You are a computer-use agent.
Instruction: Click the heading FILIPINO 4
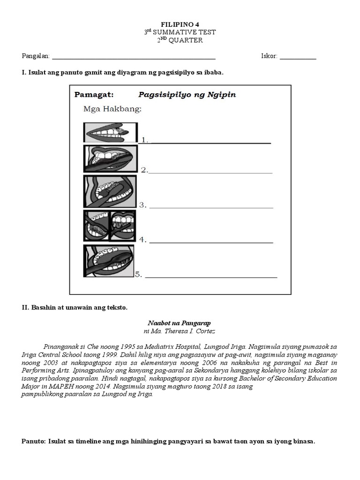180,24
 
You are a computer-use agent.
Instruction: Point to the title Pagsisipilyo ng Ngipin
187,95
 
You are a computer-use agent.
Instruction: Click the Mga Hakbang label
112,110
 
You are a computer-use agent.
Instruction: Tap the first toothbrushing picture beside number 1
111,132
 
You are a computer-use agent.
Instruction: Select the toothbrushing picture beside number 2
111,159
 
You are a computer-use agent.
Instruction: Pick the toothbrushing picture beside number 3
110,191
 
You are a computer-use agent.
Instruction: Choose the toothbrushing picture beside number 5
109,261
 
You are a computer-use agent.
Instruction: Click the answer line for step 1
210,142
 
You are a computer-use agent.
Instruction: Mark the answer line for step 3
211,207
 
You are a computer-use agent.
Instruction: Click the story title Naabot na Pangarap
180,323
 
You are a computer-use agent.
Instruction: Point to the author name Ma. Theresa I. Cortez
184,331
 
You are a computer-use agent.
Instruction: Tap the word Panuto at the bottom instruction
33,442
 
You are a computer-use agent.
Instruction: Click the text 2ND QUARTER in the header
180,40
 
